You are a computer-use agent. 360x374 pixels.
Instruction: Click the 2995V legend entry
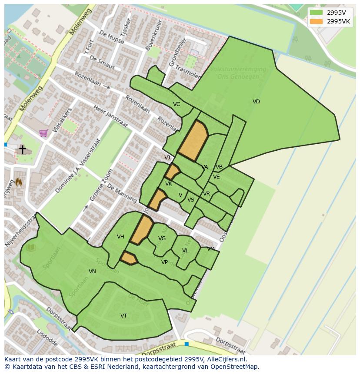(x=330, y=13)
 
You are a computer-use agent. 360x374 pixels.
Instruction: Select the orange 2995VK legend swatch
(x=316, y=21)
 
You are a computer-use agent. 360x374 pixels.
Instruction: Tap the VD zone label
(x=256, y=102)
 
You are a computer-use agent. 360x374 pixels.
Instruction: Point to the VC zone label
(x=177, y=104)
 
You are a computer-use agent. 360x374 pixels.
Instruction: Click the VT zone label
(x=124, y=316)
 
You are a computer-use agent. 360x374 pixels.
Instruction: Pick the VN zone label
(x=92, y=271)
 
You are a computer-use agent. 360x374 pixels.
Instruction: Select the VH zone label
(x=120, y=237)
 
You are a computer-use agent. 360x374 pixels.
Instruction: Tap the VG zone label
(x=162, y=238)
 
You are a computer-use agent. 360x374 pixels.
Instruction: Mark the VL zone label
(x=185, y=251)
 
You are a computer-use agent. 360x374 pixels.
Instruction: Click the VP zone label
(x=164, y=262)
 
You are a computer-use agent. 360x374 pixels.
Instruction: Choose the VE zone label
(x=216, y=177)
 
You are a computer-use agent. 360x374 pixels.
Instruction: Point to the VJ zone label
(x=167, y=158)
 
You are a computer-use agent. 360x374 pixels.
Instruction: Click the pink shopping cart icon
(x=43, y=133)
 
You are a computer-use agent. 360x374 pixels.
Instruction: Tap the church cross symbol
(x=22, y=149)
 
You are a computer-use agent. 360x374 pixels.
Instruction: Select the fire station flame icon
(x=19, y=182)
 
